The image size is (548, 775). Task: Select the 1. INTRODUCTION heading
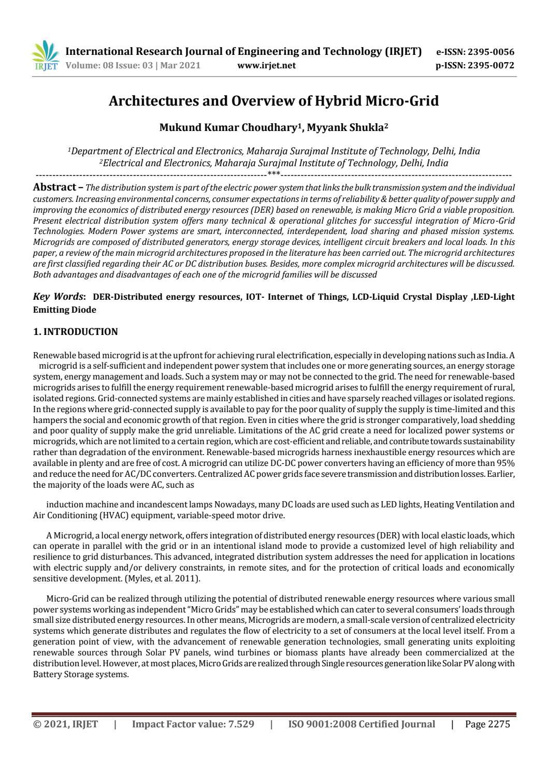pyautogui.click(x=75, y=332)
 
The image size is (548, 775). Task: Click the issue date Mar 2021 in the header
pyautogui.click(x=181, y=66)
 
